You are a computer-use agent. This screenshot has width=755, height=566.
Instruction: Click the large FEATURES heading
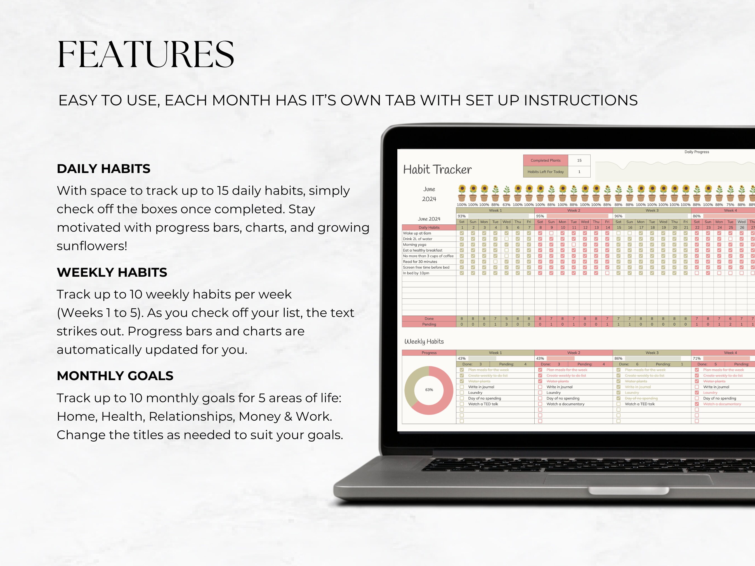click(146, 55)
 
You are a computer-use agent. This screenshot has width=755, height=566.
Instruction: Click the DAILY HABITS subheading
click(103, 169)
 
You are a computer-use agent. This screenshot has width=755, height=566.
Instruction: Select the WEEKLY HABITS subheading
click(112, 272)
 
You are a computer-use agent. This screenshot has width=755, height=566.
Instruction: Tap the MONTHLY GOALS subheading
click(115, 376)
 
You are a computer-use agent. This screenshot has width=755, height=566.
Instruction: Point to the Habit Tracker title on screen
click(437, 170)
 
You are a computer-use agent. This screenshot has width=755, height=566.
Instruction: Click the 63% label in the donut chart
click(429, 390)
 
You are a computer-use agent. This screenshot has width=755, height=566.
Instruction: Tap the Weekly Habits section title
click(424, 342)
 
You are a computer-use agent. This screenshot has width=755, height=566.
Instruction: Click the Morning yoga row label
click(414, 245)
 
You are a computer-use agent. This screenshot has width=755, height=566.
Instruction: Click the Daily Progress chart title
click(696, 152)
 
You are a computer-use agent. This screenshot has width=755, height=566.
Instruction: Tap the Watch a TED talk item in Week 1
click(483, 404)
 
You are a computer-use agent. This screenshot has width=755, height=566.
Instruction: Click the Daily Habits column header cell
click(429, 228)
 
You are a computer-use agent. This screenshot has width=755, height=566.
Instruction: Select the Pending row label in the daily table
click(429, 325)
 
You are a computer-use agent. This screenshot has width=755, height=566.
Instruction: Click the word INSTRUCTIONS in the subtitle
click(581, 100)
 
